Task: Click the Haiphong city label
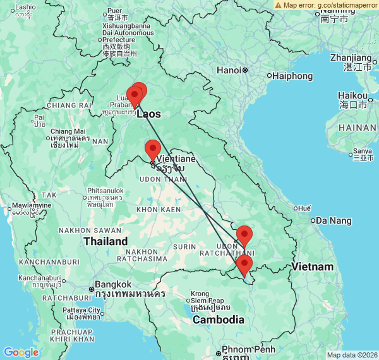pos(293,76)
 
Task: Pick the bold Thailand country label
pos(105,241)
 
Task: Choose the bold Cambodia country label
pos(219,320)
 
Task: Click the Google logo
pos(21,352)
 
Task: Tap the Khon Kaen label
pos(155,209)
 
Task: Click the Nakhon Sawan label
pos(81,231)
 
